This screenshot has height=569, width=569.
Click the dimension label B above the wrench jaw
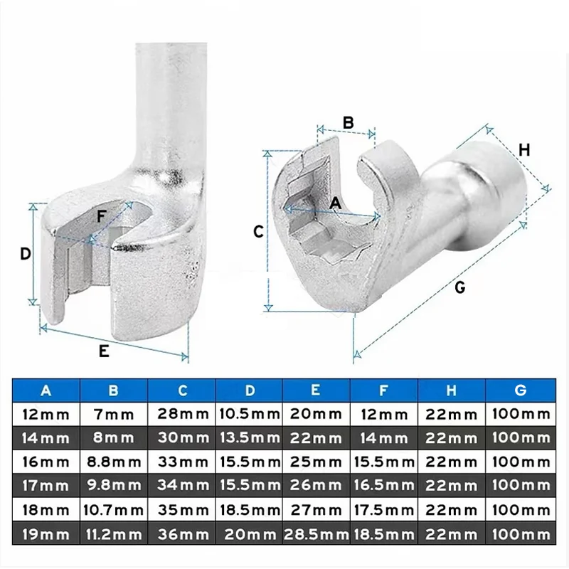click(x=348, y=122)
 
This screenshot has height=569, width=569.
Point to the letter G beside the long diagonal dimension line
click(x=459, y=287)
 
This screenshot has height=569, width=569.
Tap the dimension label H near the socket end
click(x=524, y=150)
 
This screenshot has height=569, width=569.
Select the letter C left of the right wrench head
click(x=260, y=231)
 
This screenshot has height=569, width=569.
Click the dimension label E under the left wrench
click(x=104, y=351)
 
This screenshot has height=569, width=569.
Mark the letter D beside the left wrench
click(x=25, y=253)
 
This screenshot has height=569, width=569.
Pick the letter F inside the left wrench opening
click(x=102, y=214)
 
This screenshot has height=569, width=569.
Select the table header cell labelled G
click(x=520, y=390)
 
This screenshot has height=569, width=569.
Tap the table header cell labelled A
click(x=47, y=390)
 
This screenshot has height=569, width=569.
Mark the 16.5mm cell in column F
click(x=384, y=486)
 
